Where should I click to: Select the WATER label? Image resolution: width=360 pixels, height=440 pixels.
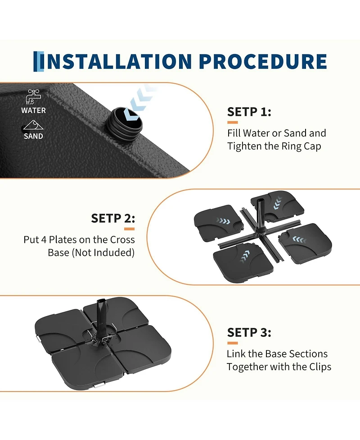(33, 110)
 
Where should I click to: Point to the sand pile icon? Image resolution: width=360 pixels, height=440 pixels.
(33, 125)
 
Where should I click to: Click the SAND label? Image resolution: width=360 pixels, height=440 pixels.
(33, 136)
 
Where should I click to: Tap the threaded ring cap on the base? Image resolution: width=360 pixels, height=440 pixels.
(124, 121)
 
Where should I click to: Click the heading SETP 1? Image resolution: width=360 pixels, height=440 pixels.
(249, 112)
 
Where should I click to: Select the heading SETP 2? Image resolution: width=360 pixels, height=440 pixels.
(113, 218)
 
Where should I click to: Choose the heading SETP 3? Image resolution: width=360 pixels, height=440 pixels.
(249, 332)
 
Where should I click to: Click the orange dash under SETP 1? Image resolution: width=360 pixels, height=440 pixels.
(233, 122)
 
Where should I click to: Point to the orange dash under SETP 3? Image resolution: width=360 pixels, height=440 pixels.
(233, 343)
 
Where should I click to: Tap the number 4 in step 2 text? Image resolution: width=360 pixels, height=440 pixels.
(44, 240)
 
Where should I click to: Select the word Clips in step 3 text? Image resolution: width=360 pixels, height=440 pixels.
(320, 367)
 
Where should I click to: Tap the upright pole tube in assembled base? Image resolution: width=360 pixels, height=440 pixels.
(101, 317)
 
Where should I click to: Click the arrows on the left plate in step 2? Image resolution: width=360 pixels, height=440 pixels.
(223, 221)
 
